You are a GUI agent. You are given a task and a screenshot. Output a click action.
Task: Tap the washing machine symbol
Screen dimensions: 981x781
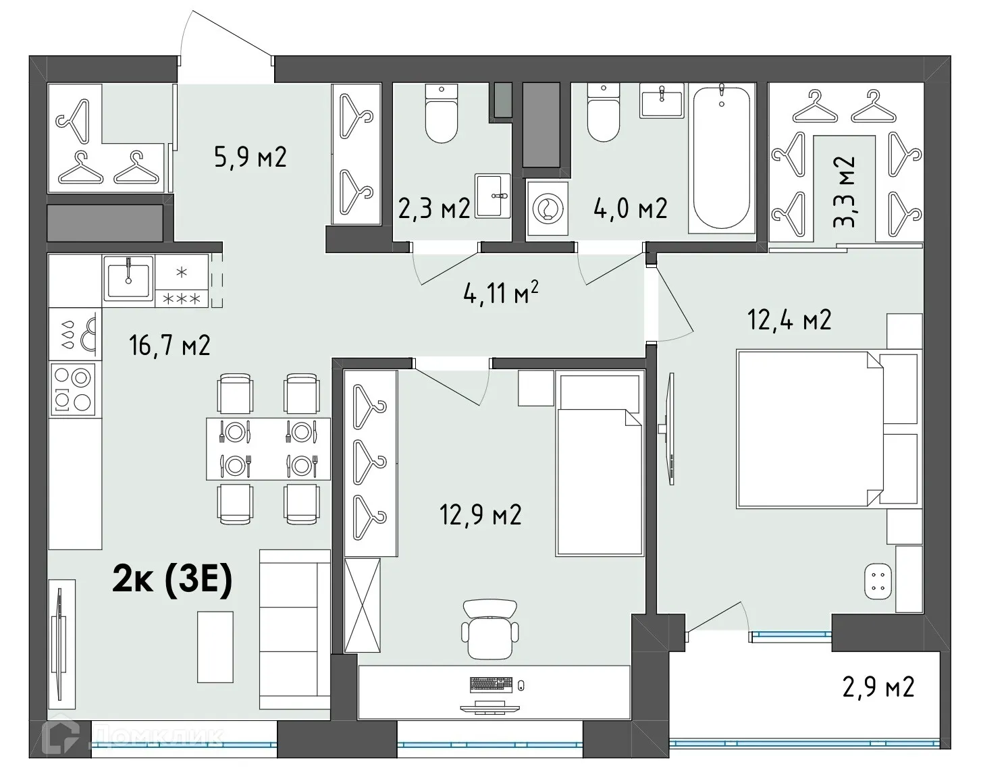coord(548,209)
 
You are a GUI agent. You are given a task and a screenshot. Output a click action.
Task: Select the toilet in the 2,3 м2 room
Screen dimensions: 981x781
coord(441,113)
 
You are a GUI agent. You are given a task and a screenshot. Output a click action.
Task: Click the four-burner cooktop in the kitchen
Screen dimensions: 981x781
coord(73,389)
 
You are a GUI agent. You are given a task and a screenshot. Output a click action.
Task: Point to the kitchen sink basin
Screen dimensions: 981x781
coord(128,277)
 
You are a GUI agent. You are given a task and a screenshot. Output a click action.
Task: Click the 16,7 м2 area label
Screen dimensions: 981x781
coord(169,345)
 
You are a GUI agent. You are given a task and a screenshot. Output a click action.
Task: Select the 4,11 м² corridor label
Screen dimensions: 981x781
coord(500,292)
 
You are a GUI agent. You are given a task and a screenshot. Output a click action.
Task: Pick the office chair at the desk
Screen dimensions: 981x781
coord(490,630)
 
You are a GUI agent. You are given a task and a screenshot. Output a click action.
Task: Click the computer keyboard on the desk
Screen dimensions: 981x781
coord(492,684)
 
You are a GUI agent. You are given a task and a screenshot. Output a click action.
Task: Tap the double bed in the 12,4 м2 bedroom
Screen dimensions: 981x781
coord(827,429)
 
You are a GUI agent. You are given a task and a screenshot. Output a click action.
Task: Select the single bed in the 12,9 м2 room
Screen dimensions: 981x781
coord(600,464)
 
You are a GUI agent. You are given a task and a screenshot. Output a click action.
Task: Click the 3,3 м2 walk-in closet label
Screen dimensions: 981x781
coord(843,192)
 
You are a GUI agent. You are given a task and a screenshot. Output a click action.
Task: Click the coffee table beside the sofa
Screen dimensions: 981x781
coord(215,647)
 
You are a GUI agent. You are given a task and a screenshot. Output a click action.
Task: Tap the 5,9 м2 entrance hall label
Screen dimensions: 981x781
coord(250,157)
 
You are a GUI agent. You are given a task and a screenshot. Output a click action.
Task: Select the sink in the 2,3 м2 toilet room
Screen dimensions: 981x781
coord(492,196)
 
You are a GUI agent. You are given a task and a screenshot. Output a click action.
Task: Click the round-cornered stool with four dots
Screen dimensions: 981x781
coord(878,581)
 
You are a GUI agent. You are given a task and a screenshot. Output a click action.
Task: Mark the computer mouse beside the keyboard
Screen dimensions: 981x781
coord(521,684)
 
